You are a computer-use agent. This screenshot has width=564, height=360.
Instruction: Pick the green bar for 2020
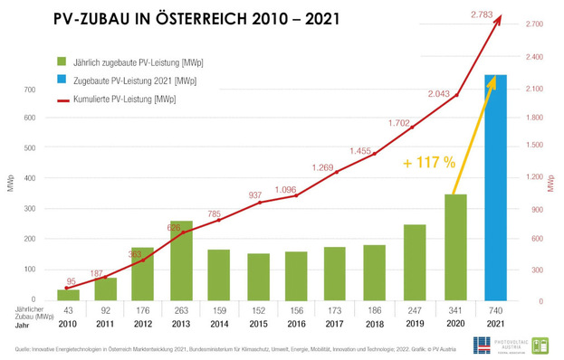(455, 246)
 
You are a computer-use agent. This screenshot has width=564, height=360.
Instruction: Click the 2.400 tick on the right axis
(533, 58)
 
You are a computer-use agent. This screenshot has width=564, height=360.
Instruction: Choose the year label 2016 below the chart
(296, 324)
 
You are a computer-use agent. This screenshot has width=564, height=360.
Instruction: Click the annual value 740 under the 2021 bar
(496, 310)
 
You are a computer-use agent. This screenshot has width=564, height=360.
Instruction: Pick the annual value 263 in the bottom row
(181, 310)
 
